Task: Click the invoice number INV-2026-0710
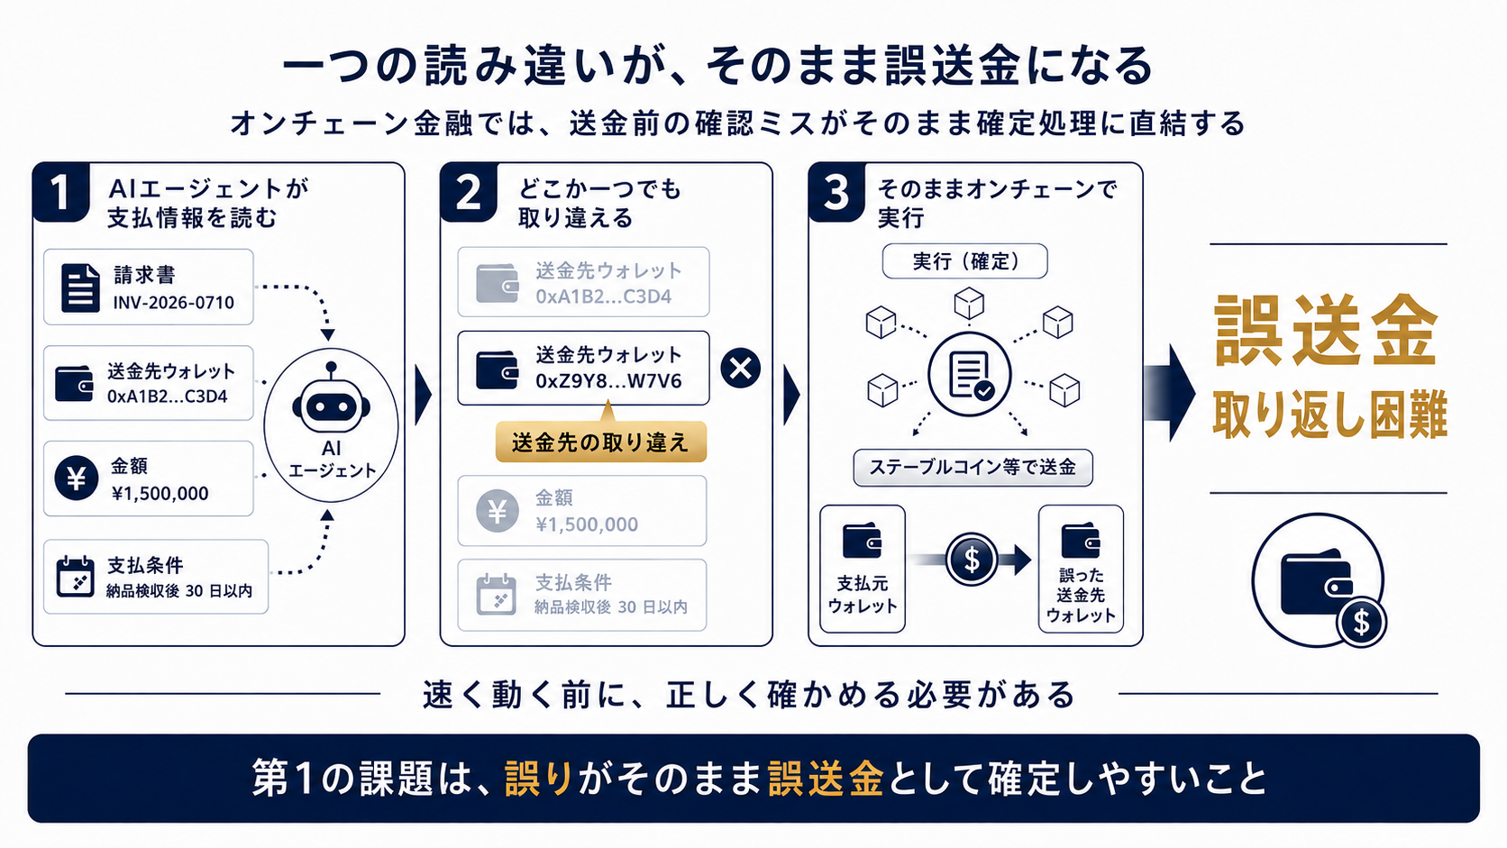174,303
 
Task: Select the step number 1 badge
60,192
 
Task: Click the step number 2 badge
469,192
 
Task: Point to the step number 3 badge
836,192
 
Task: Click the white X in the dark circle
741,368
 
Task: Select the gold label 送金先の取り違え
601,442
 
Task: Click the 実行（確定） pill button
964,261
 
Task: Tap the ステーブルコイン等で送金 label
973,468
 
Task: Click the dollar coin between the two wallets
972,560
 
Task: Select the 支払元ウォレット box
863,569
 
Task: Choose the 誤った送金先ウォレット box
1082,569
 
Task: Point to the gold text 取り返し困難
1329,415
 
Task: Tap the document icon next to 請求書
80,287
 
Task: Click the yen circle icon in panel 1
76,479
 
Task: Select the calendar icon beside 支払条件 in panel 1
75,577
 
